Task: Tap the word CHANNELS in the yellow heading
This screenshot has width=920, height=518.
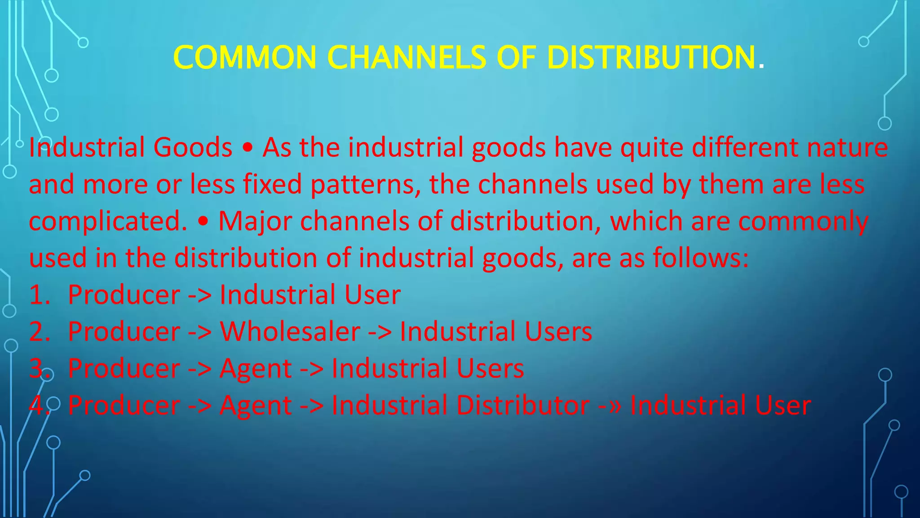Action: pos(407,58)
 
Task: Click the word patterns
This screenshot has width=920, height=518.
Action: pos(366,184)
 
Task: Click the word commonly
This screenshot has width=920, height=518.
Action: pos(803,221)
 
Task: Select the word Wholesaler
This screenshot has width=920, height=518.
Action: pos(290,332)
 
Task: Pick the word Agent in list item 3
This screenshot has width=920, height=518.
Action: pos(256,369)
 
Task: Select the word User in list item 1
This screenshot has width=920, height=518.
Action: pos(372,295)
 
